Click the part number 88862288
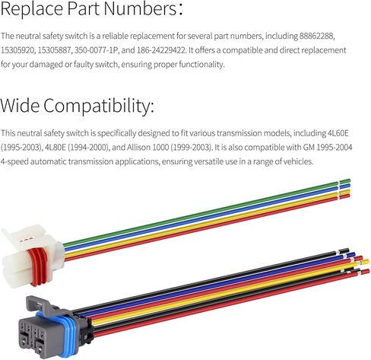[316, 36]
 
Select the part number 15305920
[17, 50]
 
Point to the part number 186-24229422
[161, 50]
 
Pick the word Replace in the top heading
[32, 8]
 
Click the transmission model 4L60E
[338, 133]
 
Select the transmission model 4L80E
[55, 147]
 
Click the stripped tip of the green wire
[345, 181]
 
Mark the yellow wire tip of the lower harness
[366, 262]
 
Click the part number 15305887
[54, 50]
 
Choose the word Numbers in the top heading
[140, 8]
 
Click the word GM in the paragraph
[309, 147]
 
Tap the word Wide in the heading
[20, 105]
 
